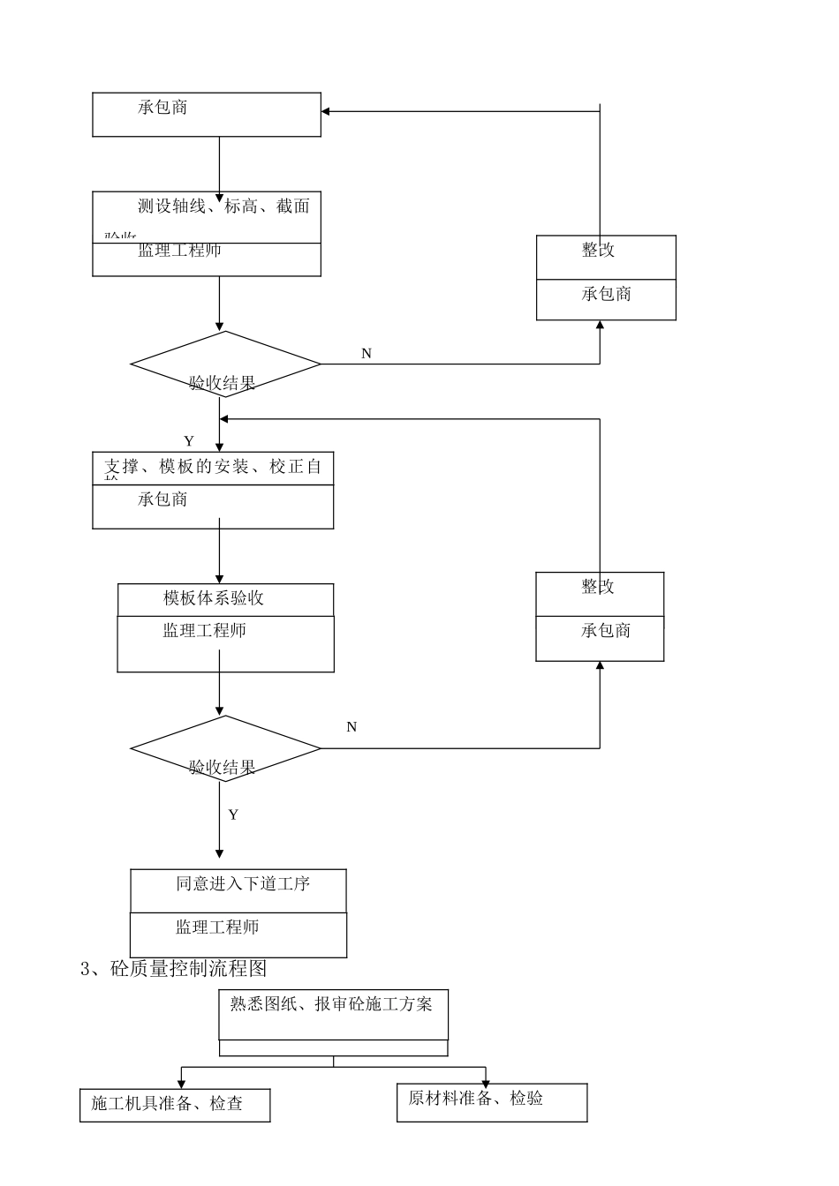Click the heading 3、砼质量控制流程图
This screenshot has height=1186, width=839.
(x=174, y=968)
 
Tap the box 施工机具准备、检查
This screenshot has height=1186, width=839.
(x=174, y=1104)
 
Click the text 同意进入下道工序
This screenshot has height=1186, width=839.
(x=242, y=883)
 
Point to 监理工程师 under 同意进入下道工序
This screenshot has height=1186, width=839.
(x=217, y=927)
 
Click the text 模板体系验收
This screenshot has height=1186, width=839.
(x=214, y=598)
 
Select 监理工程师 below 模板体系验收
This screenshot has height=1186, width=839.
(x=204, y=631)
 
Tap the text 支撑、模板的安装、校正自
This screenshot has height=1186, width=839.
(x=213, y=467)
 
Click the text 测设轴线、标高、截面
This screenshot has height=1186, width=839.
(x=223, y=206)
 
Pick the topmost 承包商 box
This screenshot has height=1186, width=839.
(x=207, y=114)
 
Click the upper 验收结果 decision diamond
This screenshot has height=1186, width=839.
(x=225, y=364)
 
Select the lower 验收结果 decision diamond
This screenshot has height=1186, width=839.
(x=225, y=749)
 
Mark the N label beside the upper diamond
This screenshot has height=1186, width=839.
(x=367, y=354)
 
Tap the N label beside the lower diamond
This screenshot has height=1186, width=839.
(x=351, y=727)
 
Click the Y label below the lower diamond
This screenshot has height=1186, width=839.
(x=233, y=814)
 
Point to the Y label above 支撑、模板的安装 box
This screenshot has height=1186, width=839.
(x=189, y=441)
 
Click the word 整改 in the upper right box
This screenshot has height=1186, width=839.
(x=598, y=251)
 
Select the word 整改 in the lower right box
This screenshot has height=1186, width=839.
(x=598, y=587)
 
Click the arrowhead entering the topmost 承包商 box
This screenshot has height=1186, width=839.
(x=326, y=111)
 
